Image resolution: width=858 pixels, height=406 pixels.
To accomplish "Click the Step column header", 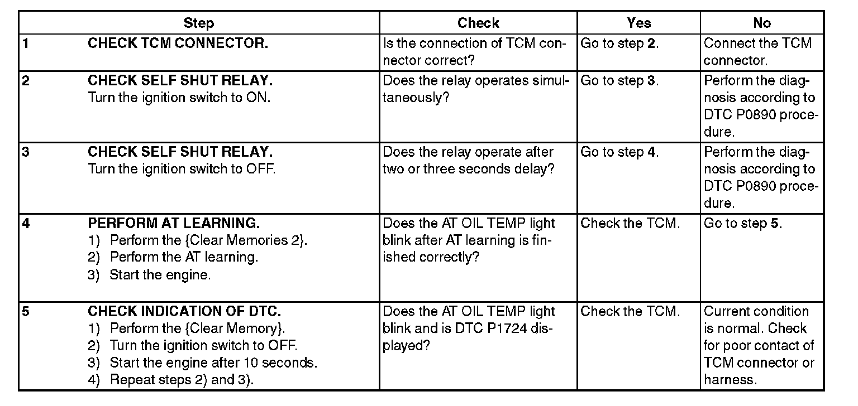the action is (x=199, y=23).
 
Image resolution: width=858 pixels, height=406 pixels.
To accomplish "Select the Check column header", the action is (x=478, y=23).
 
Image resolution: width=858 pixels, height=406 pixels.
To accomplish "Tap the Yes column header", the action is (x=638, y=23).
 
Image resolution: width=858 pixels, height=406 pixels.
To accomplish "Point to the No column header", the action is (x=762, y=23).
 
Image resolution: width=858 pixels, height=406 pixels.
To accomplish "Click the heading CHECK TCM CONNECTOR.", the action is (x=178, y=43).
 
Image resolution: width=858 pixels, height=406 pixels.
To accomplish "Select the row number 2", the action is (x=26, y=81).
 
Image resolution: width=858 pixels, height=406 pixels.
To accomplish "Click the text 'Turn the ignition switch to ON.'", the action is (x=179, y=98).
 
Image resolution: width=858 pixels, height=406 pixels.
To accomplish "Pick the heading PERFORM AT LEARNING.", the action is (x=174, y=223).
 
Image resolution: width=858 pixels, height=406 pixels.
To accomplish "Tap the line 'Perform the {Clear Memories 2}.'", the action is (x=198, y=240).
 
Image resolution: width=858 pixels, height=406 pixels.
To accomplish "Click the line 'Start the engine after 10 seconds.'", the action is (x=203, y=362).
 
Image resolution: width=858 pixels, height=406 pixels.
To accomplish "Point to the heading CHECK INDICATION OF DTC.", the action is (x=184, y=311).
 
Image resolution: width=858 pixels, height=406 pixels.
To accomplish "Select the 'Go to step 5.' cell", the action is (x=743, y=223).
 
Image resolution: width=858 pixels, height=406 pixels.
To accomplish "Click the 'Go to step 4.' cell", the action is (x=619, y=152).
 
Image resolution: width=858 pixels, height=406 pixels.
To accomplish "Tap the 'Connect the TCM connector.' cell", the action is (x=757, y=52).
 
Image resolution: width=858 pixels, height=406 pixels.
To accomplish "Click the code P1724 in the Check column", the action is (x=507, y=328).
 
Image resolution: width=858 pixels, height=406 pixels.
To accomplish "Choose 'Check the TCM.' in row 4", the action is (x=630, y=223).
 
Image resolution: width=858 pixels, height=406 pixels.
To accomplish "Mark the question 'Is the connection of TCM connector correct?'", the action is (x=474, y=52).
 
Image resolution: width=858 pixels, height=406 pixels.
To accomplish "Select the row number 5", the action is (x=26, y=312).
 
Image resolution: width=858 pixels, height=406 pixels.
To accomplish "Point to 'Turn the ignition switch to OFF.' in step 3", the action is (x=182, y=168).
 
